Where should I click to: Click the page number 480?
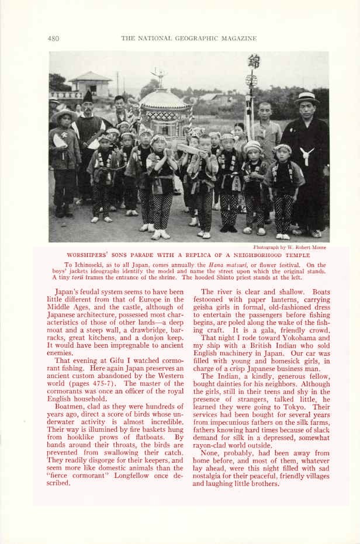(53, 39)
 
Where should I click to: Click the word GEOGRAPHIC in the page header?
(194, 39)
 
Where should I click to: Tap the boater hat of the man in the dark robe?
(307, 98)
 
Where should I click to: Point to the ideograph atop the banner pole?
(254, 61)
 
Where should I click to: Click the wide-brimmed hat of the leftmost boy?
(64, 113)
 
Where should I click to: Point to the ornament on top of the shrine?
(158, 76)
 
